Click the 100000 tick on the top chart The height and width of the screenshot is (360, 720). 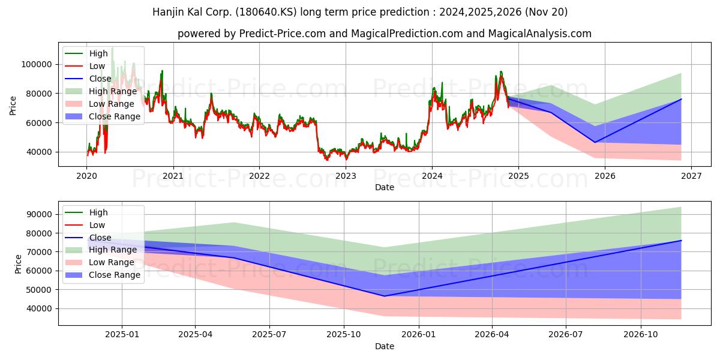37,65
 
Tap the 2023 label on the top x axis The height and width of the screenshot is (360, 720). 346,176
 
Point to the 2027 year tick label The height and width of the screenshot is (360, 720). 691,176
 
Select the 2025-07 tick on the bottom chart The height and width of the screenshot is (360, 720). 269,335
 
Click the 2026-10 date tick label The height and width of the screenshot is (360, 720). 641,335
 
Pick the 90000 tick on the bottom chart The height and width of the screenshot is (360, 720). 39,214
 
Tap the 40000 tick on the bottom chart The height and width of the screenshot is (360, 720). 39,308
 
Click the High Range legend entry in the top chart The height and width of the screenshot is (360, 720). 101,91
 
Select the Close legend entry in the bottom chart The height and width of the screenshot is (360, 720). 88,238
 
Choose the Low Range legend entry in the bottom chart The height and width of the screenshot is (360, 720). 100,262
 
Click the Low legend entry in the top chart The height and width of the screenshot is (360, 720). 85,66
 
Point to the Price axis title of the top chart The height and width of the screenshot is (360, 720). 13,106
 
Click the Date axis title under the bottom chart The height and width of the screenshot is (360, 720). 385,346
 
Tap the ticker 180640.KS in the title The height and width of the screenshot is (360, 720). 266,12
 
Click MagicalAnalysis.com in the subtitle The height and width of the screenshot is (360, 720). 539,34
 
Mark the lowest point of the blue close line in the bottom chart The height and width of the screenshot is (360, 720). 384,296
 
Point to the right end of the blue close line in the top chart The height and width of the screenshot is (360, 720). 681,99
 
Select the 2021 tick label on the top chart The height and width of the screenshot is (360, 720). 173,176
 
